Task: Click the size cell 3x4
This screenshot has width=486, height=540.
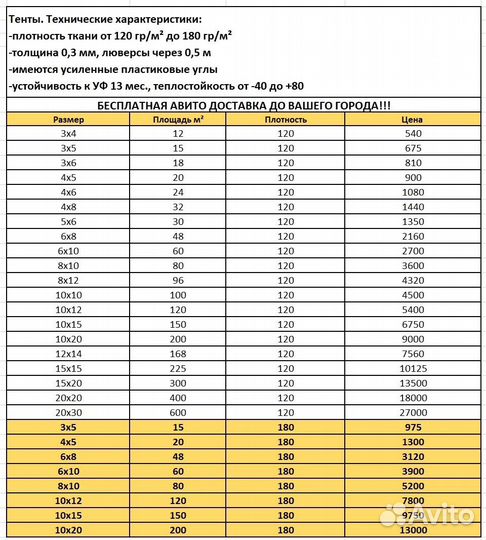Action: click(67, 133)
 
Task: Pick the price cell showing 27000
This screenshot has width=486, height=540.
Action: click(413, 411)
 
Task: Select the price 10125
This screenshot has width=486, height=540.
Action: click(413, 367)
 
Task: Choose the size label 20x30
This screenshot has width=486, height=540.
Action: click(67, 411)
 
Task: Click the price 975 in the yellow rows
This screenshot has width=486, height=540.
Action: click(413, 426)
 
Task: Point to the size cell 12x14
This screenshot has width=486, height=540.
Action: click(67, 353)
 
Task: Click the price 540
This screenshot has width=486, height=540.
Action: click(413, 133)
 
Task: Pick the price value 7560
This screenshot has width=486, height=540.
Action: click(413, 353)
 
